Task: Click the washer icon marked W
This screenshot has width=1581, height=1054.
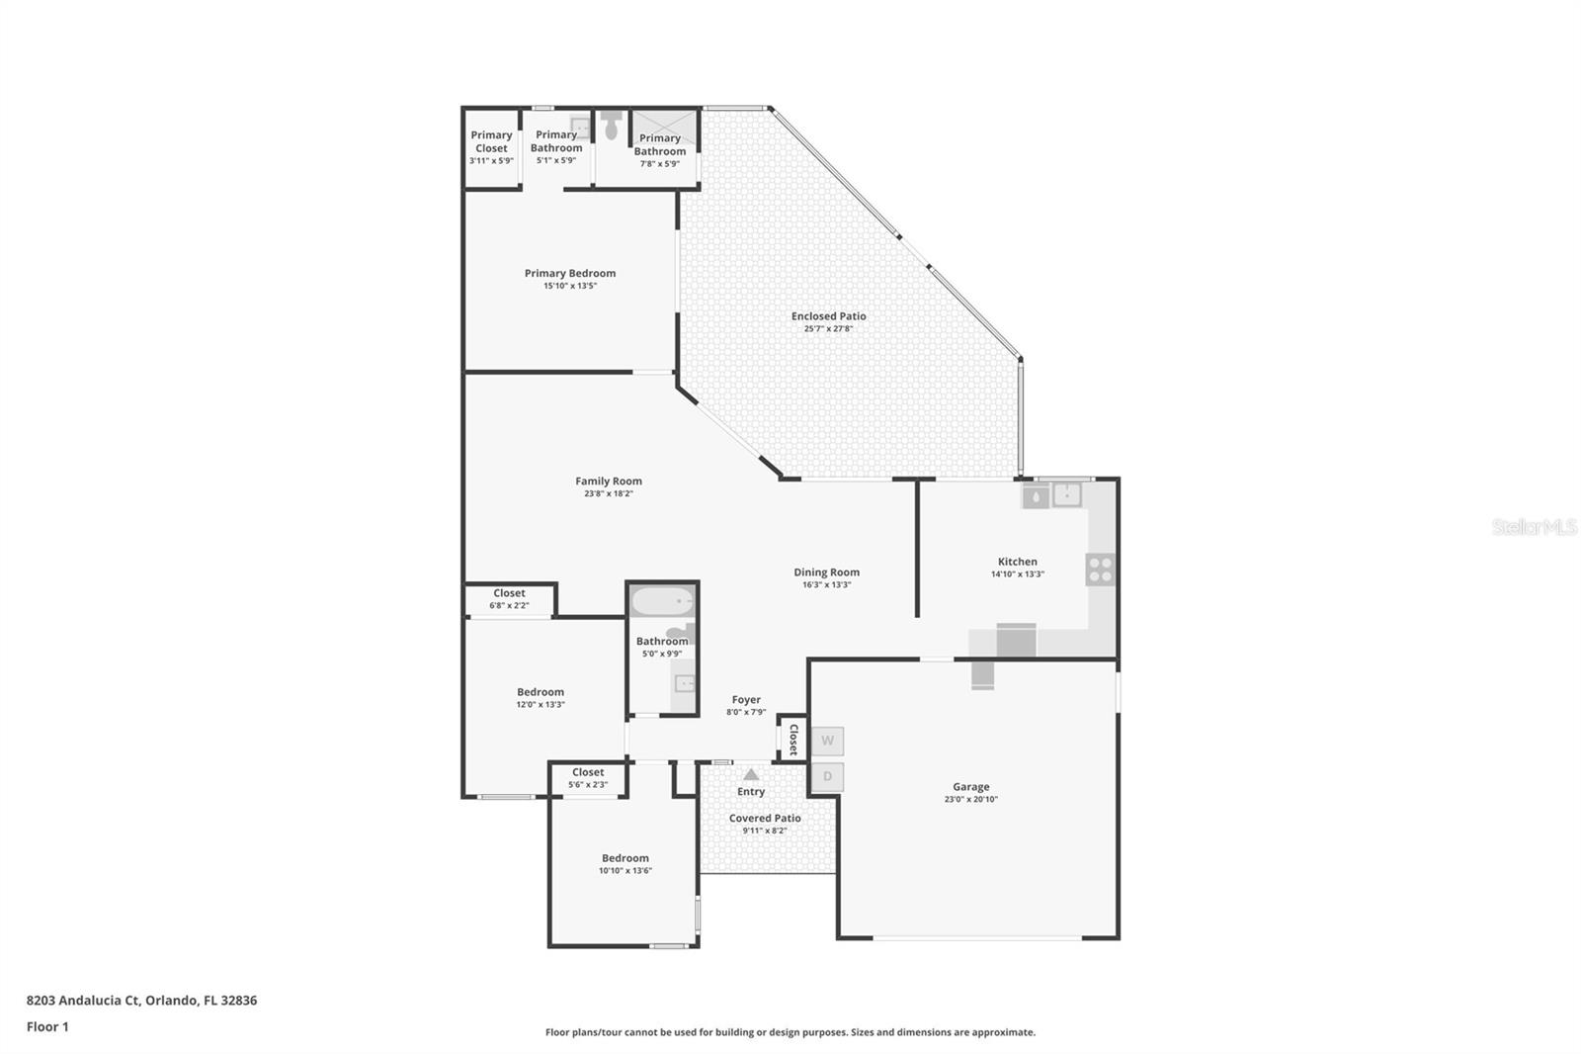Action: (827, 741)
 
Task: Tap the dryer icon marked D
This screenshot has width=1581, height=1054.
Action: (827, 776)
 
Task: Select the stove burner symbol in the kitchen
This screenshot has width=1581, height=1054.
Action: (1100, 570)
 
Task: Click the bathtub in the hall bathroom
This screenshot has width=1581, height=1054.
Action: (662, 601)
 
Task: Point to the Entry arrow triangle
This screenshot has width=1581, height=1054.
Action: (751, 774)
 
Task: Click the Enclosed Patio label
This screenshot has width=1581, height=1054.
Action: (828, 316)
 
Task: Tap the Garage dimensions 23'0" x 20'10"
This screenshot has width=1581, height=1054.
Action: (970, 799)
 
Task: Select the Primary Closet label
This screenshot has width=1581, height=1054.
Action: (491, 141)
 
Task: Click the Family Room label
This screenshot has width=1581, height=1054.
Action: (609, 482)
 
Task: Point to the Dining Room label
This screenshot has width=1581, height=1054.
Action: (826, 572)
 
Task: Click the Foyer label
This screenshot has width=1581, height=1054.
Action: (746, 700)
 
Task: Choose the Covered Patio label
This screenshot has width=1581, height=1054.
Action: (765, 818)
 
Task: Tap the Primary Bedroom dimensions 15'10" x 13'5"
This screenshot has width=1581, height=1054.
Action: (570, 286)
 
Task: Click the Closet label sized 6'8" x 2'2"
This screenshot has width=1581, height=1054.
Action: (509, 593)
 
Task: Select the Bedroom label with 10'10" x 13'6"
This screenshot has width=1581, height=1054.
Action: (625, 858)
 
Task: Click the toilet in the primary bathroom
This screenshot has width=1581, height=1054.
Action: (612, 126)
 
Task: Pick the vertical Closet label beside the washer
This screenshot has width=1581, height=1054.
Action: (793, 739)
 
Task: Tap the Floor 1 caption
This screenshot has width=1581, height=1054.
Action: (47, 1026)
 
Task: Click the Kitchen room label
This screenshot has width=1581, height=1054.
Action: (1017, 562)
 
